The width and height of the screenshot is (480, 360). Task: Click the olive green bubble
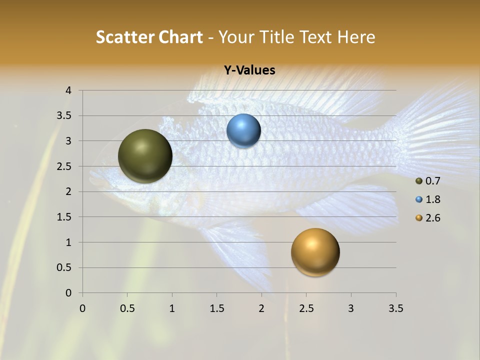click(x=145, y=156)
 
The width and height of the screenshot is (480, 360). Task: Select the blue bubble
click(x=243, y=131)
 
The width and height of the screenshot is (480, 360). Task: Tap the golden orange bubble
click(x=315, y=252)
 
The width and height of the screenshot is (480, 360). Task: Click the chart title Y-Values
click(x=249, y=70)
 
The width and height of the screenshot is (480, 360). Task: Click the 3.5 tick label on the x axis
click(x=395, y=308)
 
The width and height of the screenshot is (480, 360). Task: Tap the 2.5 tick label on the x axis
click(x=306, y=308)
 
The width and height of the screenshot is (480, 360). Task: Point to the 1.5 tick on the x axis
click(x=216, y=308)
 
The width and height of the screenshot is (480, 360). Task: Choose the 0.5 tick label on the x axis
click(x=127, y=308)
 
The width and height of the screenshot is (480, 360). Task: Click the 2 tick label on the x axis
click(x=261, y=308)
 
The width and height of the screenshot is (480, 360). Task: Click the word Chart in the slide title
click(x=180, y=37)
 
